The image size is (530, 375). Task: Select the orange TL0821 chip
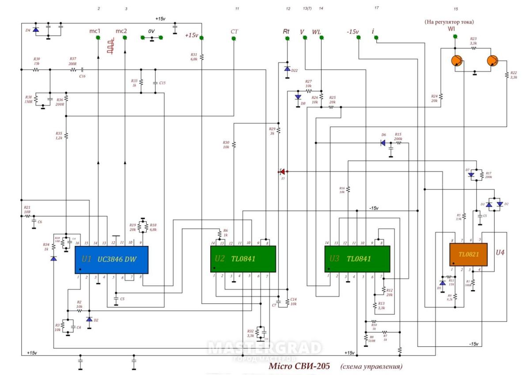[x=468, y=254]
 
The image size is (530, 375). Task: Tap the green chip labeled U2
[x=243, y=259]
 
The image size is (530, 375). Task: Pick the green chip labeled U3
[x=357, y=259]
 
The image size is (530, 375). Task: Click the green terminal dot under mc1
[x=98, y=38]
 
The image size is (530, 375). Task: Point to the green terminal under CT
[x=233, y=38]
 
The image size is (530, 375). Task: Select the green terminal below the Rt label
[x=287, y=38]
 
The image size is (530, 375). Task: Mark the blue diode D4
[x=35, y=30]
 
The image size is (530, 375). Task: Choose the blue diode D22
[x=287, y=69]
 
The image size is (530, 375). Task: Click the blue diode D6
[x=383, y=143]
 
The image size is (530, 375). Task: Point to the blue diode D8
[x=298, y=97]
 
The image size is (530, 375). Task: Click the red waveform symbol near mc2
[x=111, y=46]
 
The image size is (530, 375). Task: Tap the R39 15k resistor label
[x=36, y=61]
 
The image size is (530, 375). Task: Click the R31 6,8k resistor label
[x=193, y=57]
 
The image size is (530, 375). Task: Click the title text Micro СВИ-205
[x=299, y=367]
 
